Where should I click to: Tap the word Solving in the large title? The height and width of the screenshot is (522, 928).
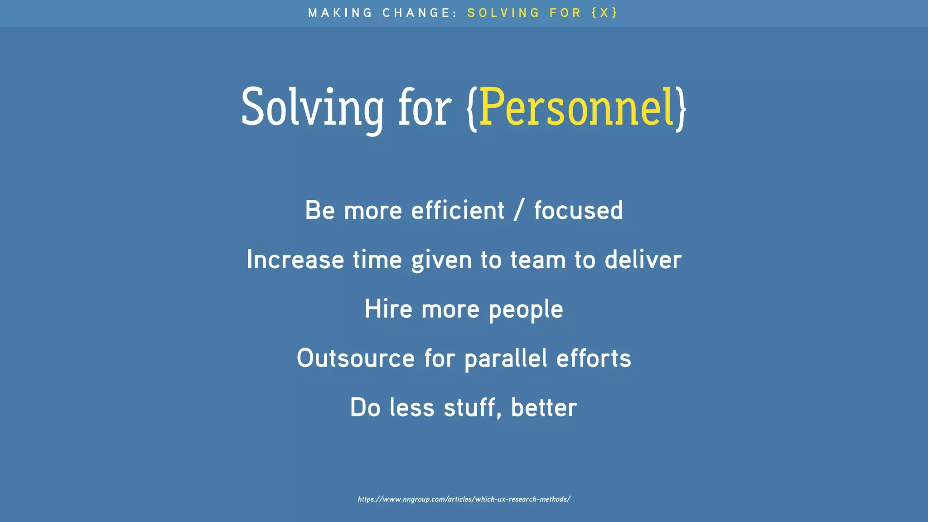[312, 108]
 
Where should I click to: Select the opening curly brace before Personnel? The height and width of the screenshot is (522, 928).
[472, 109]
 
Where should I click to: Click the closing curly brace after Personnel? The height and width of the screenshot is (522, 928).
[681, 109]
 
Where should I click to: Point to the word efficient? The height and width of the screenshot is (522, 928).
[458, 211]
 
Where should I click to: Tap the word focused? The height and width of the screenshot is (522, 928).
[579, 211]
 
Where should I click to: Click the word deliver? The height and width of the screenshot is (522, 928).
[643, 260]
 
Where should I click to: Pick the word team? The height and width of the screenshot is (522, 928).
[538, 260]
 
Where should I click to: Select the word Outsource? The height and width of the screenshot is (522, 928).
[356, 358]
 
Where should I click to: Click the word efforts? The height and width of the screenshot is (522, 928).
[594, 358]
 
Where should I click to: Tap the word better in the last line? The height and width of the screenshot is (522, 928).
[544, 408]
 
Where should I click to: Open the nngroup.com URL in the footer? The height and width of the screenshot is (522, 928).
[464, 499]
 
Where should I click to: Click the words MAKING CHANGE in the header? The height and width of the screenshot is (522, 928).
[383, 13]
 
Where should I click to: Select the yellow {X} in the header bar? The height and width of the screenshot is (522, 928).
[604, 13]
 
